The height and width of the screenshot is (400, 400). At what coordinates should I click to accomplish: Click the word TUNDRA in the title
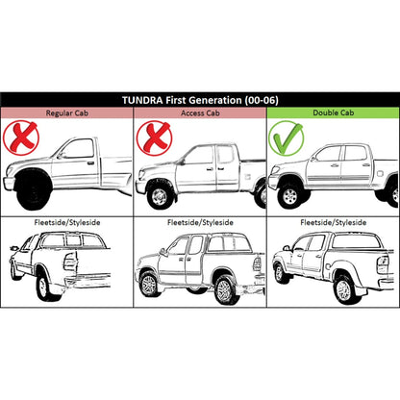(142, 100)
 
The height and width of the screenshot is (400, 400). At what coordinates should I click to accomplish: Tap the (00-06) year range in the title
(262, 100)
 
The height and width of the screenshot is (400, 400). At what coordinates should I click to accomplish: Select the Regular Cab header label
(67, 113)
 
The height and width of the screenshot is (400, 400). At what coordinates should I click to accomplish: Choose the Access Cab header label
(200, 113)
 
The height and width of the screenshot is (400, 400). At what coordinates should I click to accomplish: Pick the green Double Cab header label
(334, 112)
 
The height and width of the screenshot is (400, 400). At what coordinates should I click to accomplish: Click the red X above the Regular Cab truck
(21, 137)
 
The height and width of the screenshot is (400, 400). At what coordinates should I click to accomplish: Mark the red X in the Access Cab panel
(155, 137)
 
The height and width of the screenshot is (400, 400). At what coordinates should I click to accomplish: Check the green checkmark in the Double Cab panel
(287, 138)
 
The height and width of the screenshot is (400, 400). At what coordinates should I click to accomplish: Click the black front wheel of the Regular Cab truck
(33, 189)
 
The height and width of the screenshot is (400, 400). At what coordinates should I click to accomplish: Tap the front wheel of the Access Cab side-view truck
(160, 196)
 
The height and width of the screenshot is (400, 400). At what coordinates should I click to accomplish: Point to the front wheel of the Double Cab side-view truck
(290, 196)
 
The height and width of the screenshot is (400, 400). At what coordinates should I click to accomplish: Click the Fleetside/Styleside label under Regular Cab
(67, 222)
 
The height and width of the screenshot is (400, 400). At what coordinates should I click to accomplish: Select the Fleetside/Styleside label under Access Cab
(200, 222)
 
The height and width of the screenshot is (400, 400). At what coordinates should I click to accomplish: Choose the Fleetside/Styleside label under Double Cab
(334, 222)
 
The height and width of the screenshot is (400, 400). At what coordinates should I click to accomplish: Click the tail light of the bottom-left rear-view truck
(70, 262)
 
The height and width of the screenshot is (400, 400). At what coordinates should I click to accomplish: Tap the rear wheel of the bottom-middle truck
(225, 291)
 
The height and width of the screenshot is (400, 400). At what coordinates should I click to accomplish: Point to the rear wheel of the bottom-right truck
(345, 290)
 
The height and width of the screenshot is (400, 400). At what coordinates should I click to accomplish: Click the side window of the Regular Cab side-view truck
(79, 149)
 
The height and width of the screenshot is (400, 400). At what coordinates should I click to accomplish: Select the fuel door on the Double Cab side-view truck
(380, 174)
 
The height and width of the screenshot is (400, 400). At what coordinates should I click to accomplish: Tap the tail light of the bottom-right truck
(383, 264)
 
